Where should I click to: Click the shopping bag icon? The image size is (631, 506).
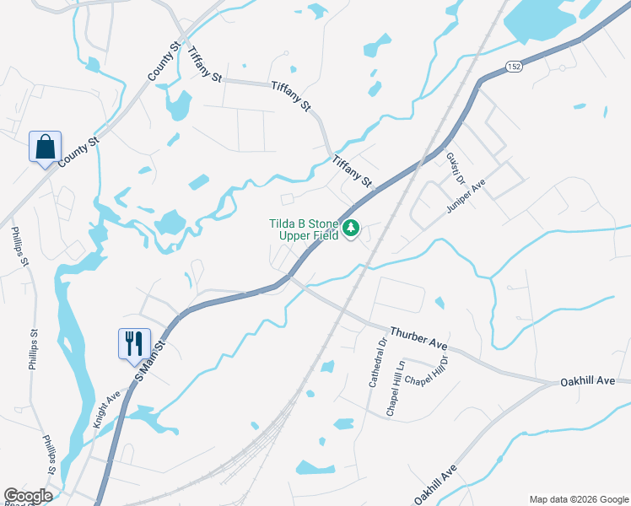click(45, 147)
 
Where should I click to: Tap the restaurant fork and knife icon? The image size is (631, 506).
click(134, 343)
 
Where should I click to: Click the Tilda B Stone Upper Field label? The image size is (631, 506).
click(304, 229)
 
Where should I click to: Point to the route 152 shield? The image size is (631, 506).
click(515, 66)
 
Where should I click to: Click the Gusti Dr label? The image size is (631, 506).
click(456, 168)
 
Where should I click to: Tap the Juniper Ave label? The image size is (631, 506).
click(467, 197)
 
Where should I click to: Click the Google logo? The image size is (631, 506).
click(28, 496)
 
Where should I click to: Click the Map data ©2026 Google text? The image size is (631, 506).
click(577, 498)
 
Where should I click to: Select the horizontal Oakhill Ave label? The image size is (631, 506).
click(587, 382)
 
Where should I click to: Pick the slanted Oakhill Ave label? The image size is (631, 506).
click(434, 484)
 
